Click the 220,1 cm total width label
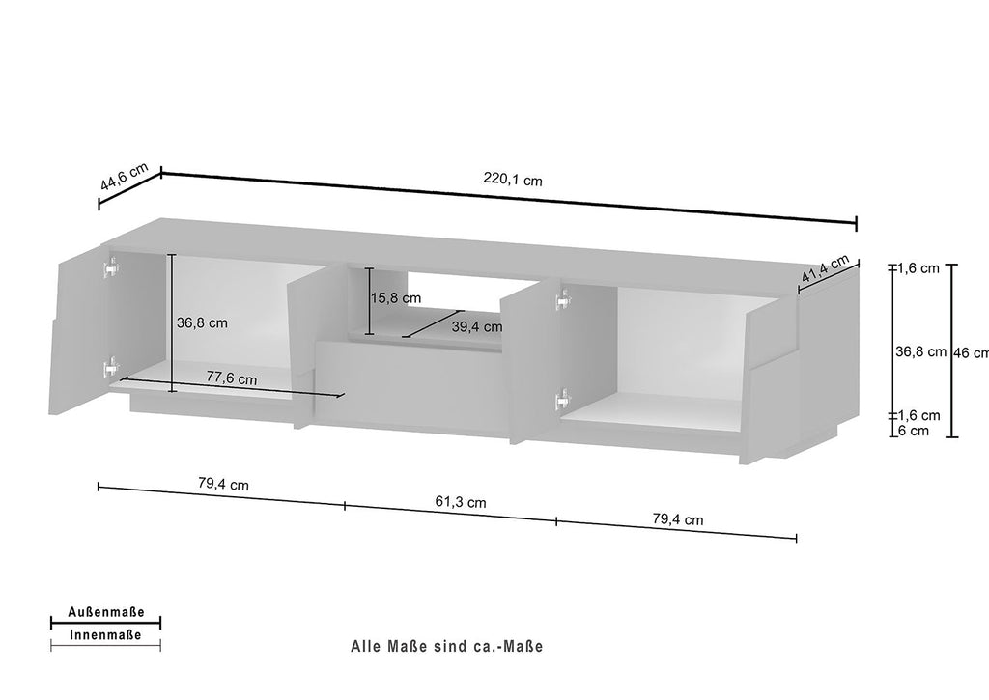(x=513, y=180)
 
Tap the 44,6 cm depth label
(x=125, y=177)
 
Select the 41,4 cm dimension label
(x=826, y=268)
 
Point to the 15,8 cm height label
(x=395, y=298)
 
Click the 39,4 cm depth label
(x=477, y=326)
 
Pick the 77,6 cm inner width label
(x=232, y=378)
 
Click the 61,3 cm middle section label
(x=461, y=502)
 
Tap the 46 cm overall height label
(x=971, y=352)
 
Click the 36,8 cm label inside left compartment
(x=202, y=322)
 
